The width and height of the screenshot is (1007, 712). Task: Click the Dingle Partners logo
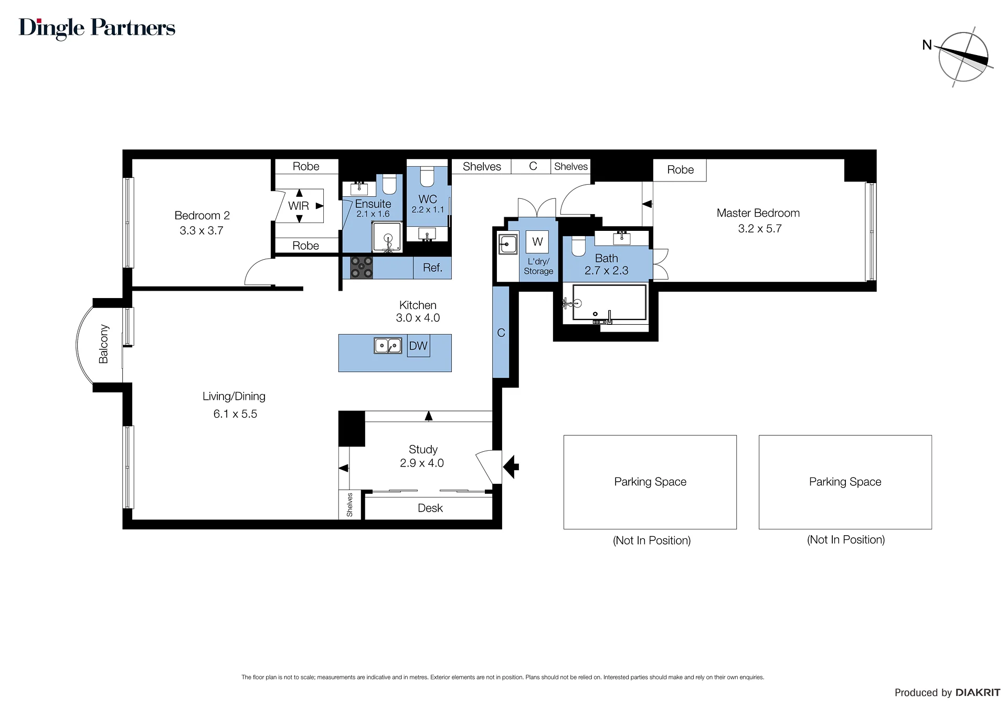[x=97, y=28]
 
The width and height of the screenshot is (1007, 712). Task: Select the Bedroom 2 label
[x=202, y=216]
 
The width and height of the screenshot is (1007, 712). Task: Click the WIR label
[x=299, y=206]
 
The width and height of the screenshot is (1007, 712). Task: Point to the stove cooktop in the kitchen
[x=362, y=267]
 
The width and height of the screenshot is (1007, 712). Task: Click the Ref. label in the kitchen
[x=432, y=268]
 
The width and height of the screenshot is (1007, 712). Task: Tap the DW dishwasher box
[x=418, y=346]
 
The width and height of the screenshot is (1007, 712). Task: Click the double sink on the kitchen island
[x=388, y=346]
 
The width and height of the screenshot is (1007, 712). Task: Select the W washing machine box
[x=537, y=242]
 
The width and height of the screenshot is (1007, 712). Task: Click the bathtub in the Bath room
[x=609, y=302]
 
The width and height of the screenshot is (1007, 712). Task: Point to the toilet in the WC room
[x=427, y=177]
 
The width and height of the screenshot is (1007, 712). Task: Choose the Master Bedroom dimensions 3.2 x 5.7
[x=760, y=229]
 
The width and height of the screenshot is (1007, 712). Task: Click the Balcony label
[x=103, y=344]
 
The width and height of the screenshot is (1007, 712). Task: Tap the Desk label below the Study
[x=430, y=508]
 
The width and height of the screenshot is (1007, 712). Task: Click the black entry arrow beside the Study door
[x=511, y=466]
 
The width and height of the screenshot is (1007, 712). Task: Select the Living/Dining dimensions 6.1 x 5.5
[x=235, y=414]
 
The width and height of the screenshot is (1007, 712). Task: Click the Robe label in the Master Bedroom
[x=680, y=170]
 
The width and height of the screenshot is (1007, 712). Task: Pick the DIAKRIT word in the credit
[x=978, y=693]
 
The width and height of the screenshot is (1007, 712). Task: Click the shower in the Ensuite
[x=388, y=237]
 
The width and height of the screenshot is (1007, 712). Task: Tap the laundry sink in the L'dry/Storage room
[x=508, y=245]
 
